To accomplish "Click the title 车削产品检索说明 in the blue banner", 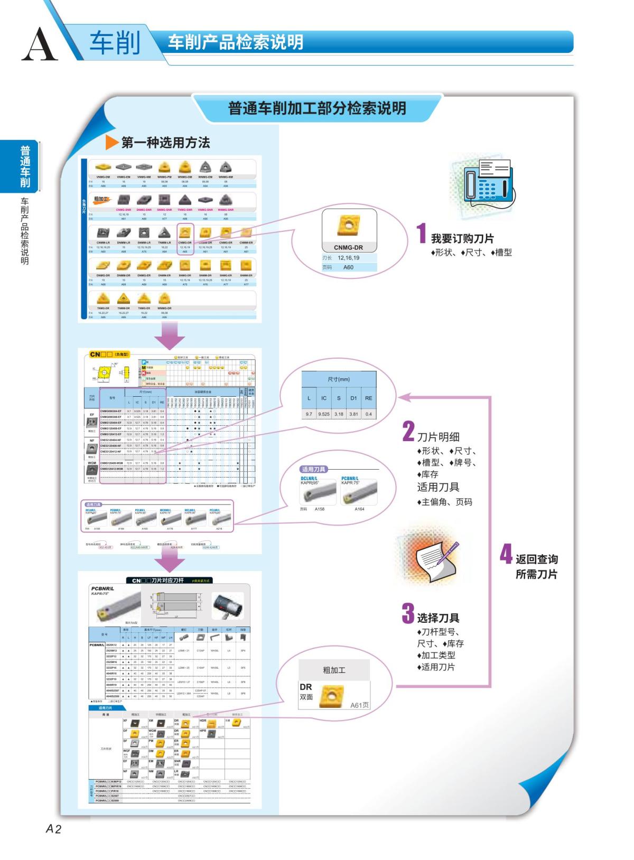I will (x=236, y=42).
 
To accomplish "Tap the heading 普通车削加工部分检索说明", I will (x=317, y=109).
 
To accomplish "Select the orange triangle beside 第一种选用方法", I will (x=112, y=142).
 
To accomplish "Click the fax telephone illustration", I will (x=486, y=182).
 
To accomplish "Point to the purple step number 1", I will (x=421, y=233).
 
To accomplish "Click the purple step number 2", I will (x=408, y=431).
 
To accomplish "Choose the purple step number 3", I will (x=408, y=613).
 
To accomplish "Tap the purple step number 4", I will (x=506, y=554).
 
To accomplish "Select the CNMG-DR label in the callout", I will (x=348, y=247).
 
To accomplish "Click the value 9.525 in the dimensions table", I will (x=324, y=414).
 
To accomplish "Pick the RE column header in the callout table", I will (x=368, y=398).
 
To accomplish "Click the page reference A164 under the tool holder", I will (x=359, y=509).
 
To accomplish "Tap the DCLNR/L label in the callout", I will (x=309, y=478).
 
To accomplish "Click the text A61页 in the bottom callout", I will (x=360, y=705).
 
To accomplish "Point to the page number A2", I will (x=53, y=829).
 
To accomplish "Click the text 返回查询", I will (x=536, y=559).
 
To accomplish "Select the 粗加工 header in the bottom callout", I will (x=334, y=670).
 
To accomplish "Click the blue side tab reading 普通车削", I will (x=25, y=166).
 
